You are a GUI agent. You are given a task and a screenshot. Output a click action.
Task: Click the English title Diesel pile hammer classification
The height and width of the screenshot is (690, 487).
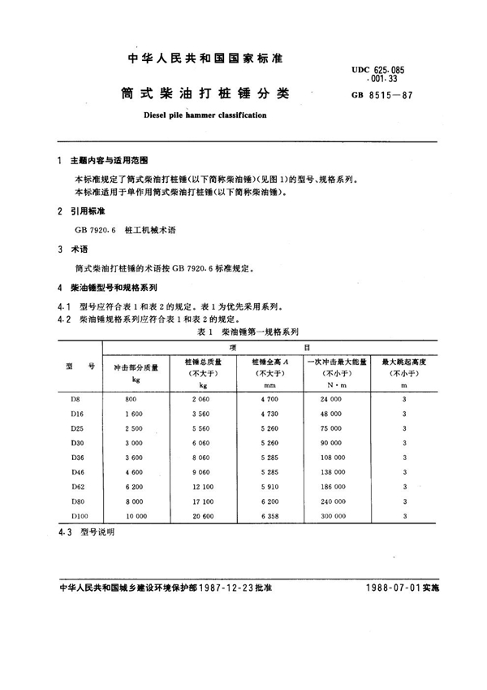click(204, 116)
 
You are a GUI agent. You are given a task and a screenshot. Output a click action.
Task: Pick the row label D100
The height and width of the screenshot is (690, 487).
click(80, 515)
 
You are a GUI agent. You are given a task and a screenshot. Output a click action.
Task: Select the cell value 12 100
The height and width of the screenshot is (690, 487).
click(200, 486)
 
